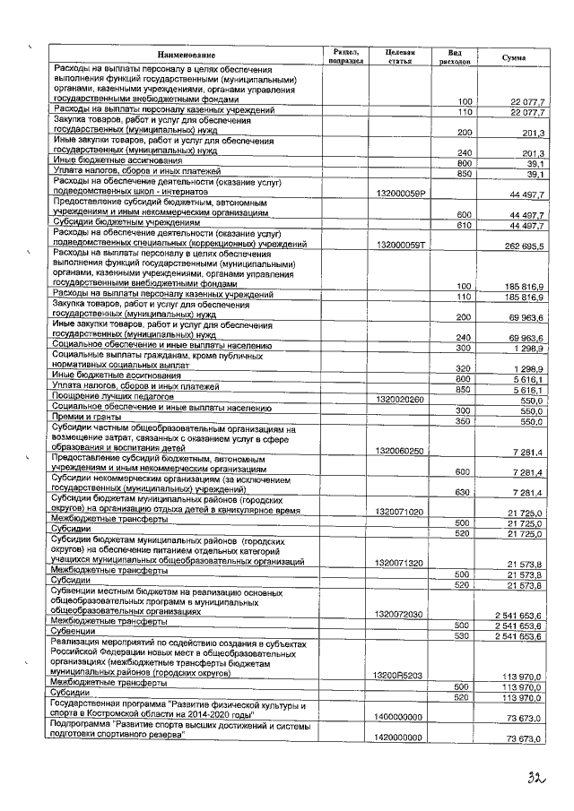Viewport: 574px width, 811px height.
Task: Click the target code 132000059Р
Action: (x=401, y=193)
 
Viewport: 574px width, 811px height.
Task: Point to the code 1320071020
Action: (x=400, y=512)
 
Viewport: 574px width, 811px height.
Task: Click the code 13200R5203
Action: (x=400, y=674)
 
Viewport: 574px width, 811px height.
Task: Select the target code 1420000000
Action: (x=400, y=738)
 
